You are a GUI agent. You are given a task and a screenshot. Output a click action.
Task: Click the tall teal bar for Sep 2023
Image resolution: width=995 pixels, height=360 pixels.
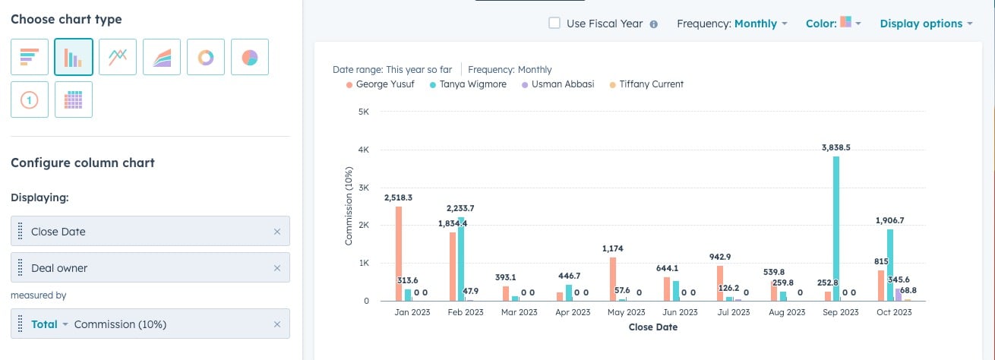(836, 228)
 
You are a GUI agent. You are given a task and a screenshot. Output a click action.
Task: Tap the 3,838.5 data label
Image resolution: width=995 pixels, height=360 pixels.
(835, 147)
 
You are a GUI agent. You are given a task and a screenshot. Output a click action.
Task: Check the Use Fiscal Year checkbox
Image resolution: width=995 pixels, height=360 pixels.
(554, 24)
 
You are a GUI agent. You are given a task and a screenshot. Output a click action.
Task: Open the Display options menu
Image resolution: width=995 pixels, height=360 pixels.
(925, 24)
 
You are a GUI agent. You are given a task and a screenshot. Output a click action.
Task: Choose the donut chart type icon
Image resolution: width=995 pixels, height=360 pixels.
(206, 57)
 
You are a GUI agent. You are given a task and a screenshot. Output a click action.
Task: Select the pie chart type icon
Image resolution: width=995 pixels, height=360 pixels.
(250, 57)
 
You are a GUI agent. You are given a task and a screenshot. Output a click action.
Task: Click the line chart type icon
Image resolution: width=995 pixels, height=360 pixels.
(118, 57)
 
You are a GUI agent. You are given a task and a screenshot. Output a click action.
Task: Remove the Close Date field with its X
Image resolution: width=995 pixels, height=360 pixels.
(277, 232)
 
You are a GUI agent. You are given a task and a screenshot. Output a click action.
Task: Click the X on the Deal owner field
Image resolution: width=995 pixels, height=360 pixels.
(277, 268)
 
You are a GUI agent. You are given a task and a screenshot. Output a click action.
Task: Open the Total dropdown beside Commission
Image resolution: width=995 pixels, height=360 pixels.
(49, 324)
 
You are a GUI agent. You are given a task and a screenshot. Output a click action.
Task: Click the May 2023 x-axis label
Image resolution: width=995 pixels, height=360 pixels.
(626, 312)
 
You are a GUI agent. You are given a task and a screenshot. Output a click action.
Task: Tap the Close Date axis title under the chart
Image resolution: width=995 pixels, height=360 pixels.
(652, 327)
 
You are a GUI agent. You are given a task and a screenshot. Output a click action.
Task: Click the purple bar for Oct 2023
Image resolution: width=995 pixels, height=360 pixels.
(899, 295)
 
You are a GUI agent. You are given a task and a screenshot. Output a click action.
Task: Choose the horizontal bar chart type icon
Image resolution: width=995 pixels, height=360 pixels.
(30, 57)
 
